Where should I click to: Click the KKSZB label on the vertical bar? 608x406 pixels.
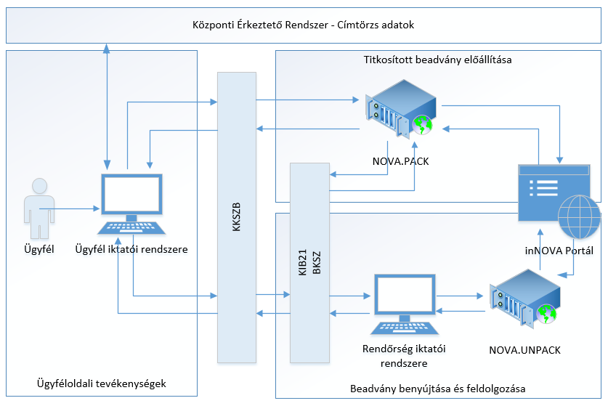[x=237, y=219]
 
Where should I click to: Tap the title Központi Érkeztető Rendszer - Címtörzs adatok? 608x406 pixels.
[x=304, y=25]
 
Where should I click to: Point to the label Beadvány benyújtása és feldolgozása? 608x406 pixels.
[x=437, y=389]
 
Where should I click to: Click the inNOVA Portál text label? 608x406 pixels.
[x=559, y=251]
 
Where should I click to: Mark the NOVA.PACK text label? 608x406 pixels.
[x=399, y=161]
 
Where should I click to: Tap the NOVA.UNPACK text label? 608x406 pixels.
[x=525, y=349]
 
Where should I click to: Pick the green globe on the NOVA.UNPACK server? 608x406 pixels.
[x=549, y=314]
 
